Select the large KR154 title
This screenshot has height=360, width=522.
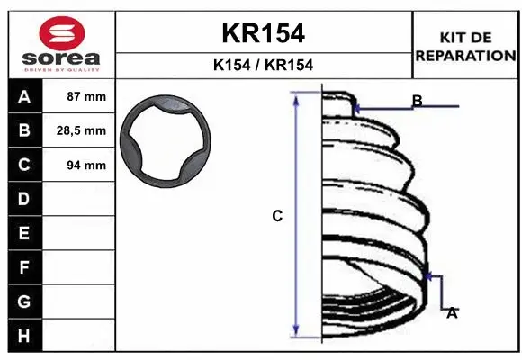pyautogui.click(x=263, y=33)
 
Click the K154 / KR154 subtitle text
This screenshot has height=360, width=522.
pyautogui.click(x=263, y=65)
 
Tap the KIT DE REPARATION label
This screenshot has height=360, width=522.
pyautogui.click(x=465, y=46)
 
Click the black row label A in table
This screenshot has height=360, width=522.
pyautogui.click(x=24, y=97)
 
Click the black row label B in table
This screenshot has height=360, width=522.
pyautogui.click(x=24, y=131)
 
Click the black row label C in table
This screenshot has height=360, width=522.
pyautogui.click(x=24, y=165)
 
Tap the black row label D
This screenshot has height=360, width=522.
pyautogui.click(x=24, y=199)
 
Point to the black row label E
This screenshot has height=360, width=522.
pyautogui.click(x=24, y=233)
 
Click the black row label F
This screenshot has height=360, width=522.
pyautogui.click(x=24, y=267)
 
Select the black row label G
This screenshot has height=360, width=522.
pyautogui.click(x=24, y=301)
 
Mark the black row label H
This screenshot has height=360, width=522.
pyautogui.click(x=24, y=335)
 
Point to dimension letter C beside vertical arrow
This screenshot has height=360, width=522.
pyautogui.click(x=277, y=216)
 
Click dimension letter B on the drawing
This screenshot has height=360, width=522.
pyautogui.click(x=417, y=101)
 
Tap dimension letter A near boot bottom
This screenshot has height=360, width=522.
pyautogui.click(x=452, y=312)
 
